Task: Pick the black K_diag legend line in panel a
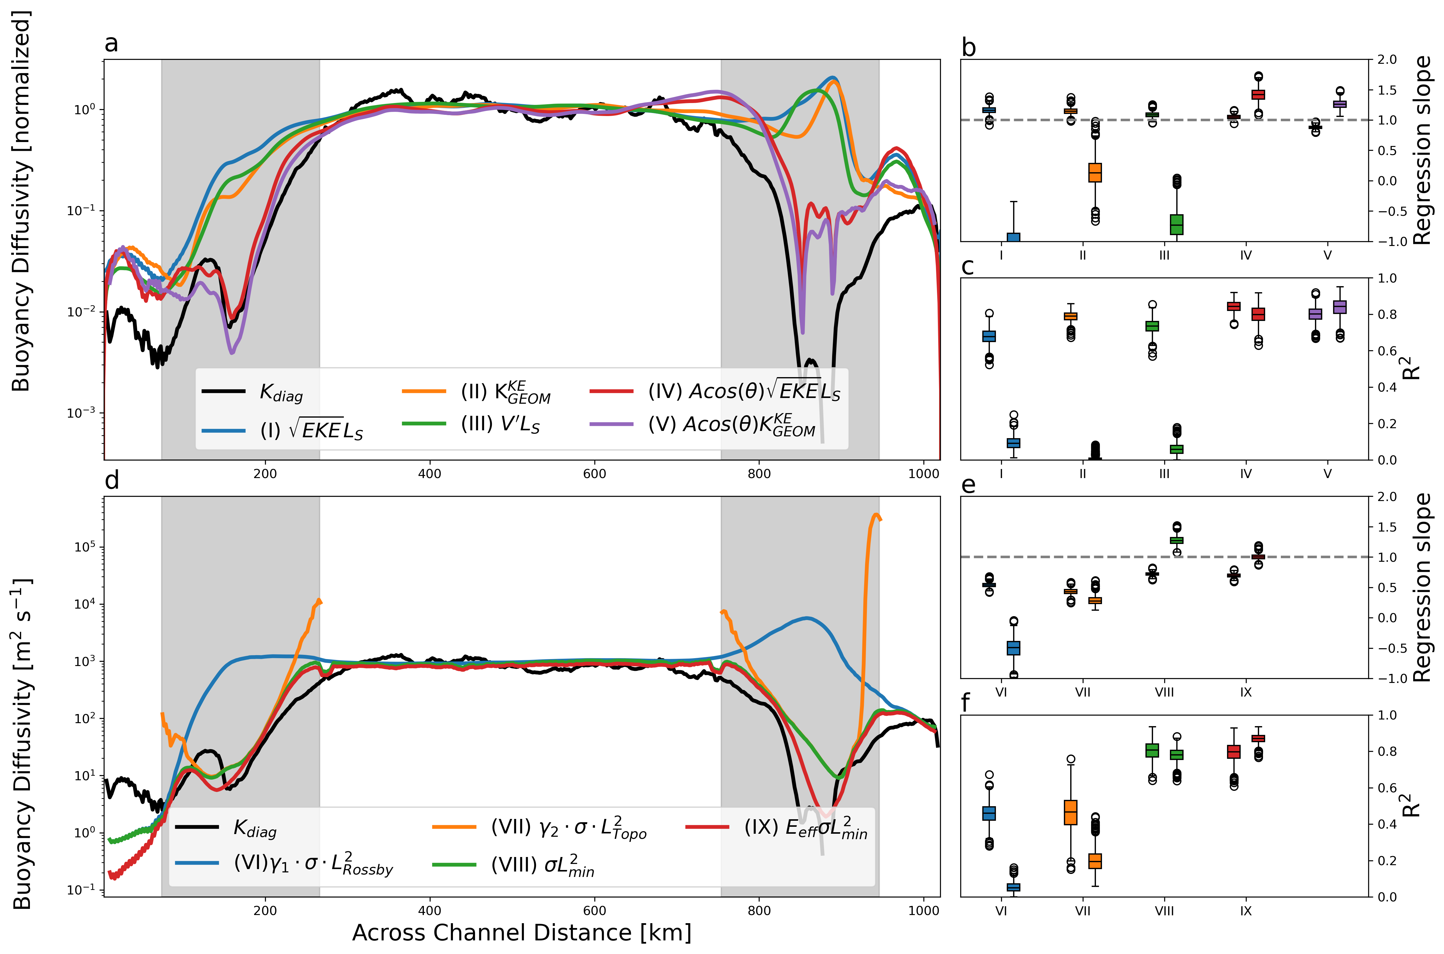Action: point(223,391)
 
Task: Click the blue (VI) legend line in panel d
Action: point(196,863)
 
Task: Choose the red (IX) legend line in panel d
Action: point(707,827)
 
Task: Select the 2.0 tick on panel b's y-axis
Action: point(1387,60)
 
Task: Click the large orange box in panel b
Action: point(1095,173)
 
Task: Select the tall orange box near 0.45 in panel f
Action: point(1071,812)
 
